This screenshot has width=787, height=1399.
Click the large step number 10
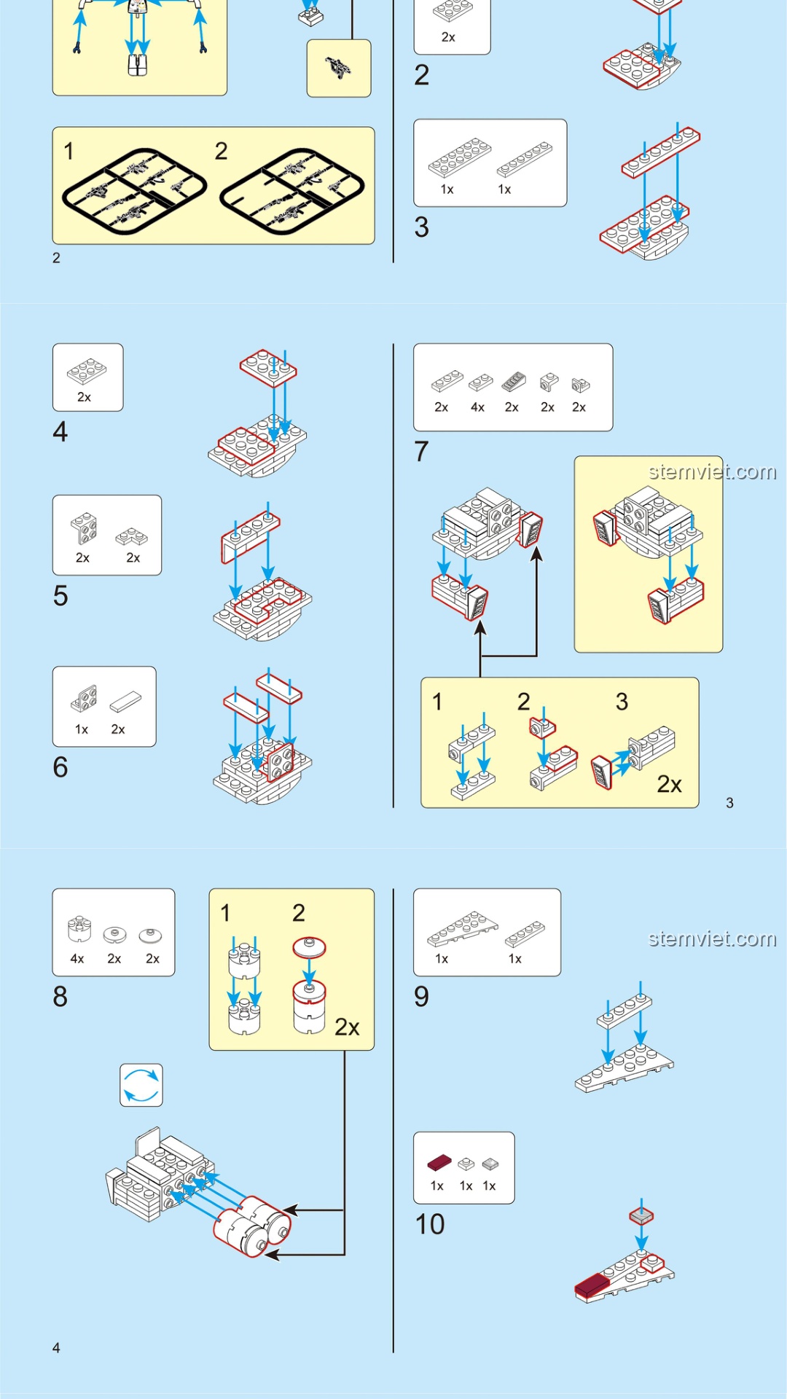[x=430, y=1224]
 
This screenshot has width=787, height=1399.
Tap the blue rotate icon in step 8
[x=141, y=1085]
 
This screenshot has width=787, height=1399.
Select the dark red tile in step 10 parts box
[x=439, y=1163]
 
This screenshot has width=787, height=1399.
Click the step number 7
[x=421, y=452]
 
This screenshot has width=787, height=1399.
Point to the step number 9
[x=421, y=996]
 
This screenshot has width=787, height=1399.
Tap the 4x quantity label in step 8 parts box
[x=77, y=959]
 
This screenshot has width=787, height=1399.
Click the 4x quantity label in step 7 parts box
[x=477, y=407]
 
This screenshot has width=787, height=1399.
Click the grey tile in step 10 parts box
[x=490, y=1164]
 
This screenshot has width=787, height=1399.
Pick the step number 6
[x=60, y=767]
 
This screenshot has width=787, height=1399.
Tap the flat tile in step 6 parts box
[x=126, y=702]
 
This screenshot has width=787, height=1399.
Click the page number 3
[x=729, y=803]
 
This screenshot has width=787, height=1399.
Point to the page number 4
[x=56, y=1348]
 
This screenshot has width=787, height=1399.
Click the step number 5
[x=60, y=596]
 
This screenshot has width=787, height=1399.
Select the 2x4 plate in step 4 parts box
[x=87, y=371]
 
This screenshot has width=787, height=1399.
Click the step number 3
[x=421, y=227]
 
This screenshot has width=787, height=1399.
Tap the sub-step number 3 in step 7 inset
[x=622, y=702]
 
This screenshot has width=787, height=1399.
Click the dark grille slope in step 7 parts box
[x=514, y=381]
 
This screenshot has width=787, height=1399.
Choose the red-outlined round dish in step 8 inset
[x=309, y=947]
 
